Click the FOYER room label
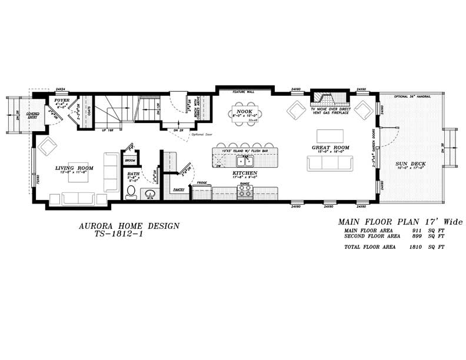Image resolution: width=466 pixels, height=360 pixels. (62, 101)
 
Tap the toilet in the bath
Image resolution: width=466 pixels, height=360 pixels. (131, 192)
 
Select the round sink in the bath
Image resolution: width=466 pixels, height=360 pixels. (149, 195)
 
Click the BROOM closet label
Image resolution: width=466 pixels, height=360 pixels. (130, 160)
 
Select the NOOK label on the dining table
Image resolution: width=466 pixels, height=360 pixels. (244, 111)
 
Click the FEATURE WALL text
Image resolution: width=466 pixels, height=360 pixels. (244, 92)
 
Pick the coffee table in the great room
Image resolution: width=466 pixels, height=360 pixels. (329, 135)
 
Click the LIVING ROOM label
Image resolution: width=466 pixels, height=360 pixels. (75, 168)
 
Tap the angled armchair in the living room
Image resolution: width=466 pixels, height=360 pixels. (47, 145)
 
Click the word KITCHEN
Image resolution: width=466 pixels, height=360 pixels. (244, 173)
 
